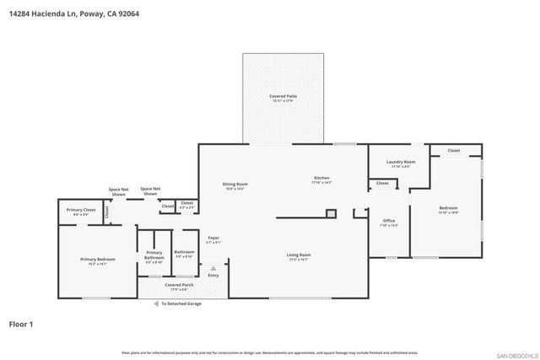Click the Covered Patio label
coord(283,97)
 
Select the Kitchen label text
coord(321,179)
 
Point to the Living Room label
coord(299,255)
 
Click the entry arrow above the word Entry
coord(213,269)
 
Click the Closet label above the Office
coord(382,183)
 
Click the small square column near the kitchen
coord(331,214)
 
